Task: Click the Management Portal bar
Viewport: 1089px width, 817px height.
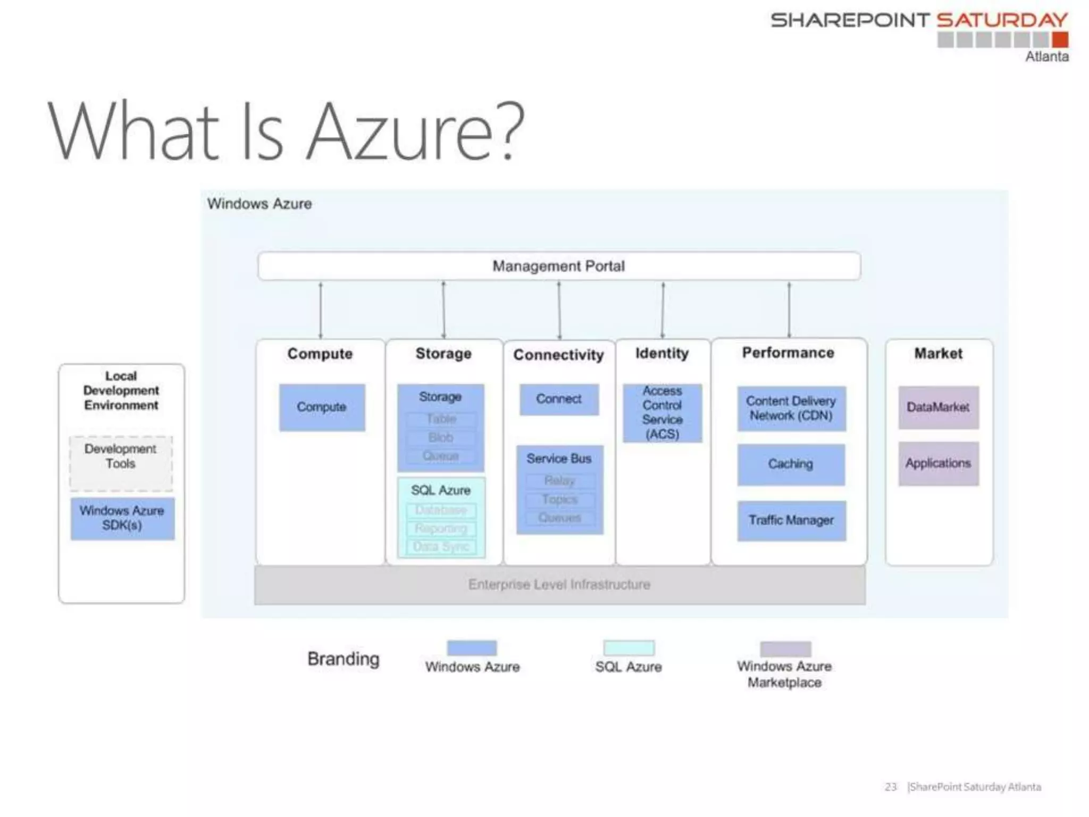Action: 559,266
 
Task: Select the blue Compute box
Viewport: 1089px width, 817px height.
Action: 322,407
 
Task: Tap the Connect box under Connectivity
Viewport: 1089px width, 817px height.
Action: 559,399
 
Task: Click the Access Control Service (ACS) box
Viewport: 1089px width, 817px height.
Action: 662,413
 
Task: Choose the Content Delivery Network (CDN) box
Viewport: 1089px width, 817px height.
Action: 791,408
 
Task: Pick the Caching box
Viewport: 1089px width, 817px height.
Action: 791,464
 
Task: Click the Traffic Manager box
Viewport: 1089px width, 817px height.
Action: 791,520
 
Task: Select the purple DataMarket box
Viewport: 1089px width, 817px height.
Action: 938,407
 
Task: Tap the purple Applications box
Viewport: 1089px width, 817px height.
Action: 938,463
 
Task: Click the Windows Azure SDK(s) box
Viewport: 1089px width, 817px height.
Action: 122,518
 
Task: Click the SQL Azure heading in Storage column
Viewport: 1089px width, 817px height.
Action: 441,490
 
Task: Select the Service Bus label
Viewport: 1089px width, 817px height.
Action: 559,458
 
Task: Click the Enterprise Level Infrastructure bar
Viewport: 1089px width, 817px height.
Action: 559,585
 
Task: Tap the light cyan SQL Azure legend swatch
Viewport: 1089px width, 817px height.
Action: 629,648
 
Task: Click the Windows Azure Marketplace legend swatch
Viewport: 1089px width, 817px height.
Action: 785,648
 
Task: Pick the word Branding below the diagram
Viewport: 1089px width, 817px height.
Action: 344,659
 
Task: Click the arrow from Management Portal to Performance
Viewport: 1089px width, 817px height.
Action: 789,310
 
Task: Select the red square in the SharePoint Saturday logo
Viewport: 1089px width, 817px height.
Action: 1060,40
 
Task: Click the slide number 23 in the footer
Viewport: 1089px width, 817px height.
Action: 891,787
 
